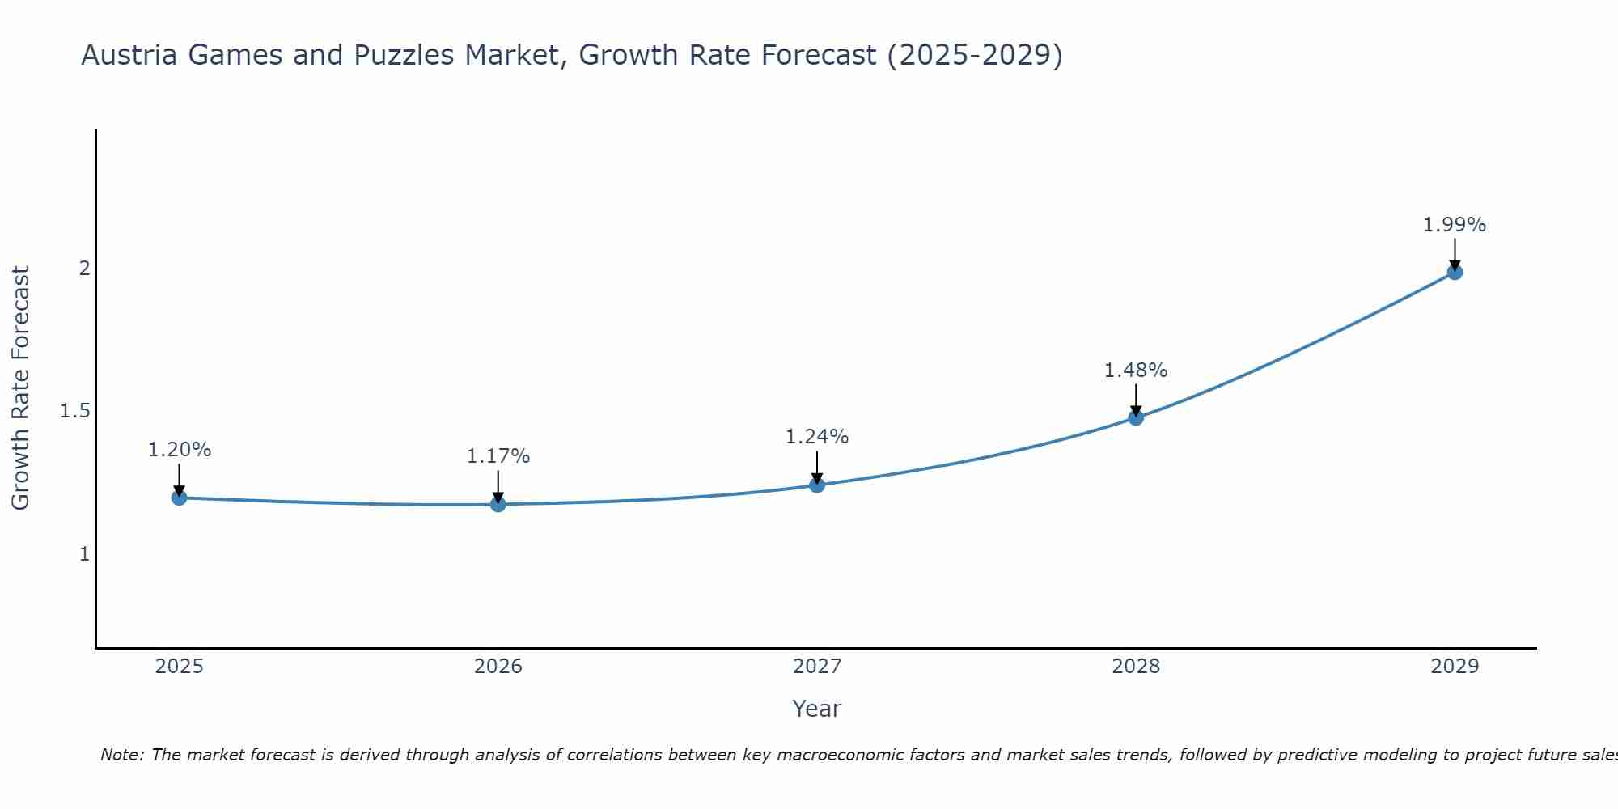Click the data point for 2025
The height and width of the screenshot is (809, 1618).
click(x=180, y=498)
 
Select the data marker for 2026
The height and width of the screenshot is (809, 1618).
click(x=498, y=504)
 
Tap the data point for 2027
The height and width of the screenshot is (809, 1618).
click(x=817, y=485)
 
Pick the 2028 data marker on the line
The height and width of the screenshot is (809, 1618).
click(x=1136, y=417)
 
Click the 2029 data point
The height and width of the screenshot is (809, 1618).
click(x=1455, y=272)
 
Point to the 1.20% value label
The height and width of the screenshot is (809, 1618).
click(x=180, y=450)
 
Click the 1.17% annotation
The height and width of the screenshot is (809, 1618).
click(x=498, y=456)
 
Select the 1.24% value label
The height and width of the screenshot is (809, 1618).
click(x=817, y=437)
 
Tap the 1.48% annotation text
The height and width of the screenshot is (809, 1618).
click(x=1136, y=371)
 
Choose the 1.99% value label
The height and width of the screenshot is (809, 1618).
click(x=1455, y=225)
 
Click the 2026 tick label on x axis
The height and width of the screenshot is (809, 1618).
click(x=498, y=667)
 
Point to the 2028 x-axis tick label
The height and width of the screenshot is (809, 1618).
click(x=1136, y=667)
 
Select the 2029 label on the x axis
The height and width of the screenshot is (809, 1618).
click(x=1455, y=667)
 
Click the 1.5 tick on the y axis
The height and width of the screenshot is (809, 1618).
click(x=75, y=411)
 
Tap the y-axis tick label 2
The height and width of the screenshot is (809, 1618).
click(x=84, y=268)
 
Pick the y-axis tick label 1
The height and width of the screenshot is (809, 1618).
click(x=84, y=554)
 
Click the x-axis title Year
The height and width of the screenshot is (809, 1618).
click(x=817, y=709)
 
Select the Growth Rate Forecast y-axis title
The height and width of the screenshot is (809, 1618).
click(x=21, y=388)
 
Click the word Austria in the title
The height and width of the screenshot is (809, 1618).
click(x=129, y=56)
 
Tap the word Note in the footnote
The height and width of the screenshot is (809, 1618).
click(x=121, y=755)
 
